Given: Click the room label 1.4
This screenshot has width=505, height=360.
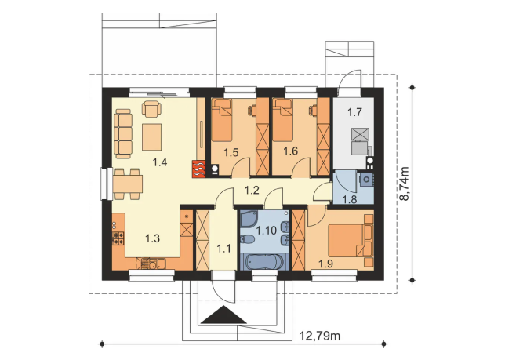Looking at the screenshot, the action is tap(160, 162).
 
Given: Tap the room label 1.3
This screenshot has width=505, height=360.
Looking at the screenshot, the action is tap(152, 238).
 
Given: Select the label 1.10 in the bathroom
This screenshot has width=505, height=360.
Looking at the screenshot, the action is tap(267, 231).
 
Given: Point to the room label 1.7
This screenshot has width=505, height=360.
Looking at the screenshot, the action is tap(354, 112).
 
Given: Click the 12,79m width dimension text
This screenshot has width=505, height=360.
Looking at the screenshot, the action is tap(319, 336).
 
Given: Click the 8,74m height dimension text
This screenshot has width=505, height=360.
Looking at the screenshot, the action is tap(404, 184).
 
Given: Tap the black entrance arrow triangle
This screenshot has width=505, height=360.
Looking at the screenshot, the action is tap(223, 315).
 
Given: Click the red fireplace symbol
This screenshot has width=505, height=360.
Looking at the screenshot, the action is tap(198, 169).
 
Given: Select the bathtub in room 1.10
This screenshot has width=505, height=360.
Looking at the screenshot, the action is tap(263, 261).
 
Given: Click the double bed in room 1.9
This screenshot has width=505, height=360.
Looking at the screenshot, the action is tap(351, 241).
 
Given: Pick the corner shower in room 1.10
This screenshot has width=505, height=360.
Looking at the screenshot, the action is tap(249, 218).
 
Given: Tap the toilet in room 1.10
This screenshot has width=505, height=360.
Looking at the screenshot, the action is tap(247, 239).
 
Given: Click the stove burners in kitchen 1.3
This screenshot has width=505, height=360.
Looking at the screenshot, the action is tap(118, 238).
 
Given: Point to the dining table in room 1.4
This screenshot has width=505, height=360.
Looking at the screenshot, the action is tap(128, 184).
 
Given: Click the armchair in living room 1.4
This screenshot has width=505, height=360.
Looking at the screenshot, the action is tap(151, 109).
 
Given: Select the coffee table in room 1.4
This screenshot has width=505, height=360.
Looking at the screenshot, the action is tap(151, 137).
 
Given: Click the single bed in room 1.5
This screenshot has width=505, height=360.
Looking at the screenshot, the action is tap(222, 120).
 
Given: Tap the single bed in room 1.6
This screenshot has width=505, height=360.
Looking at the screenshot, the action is tap(283, 120).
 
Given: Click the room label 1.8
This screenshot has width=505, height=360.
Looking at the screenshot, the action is tap(350, 200).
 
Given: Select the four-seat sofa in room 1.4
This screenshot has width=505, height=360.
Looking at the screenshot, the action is tap(123, 133).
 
